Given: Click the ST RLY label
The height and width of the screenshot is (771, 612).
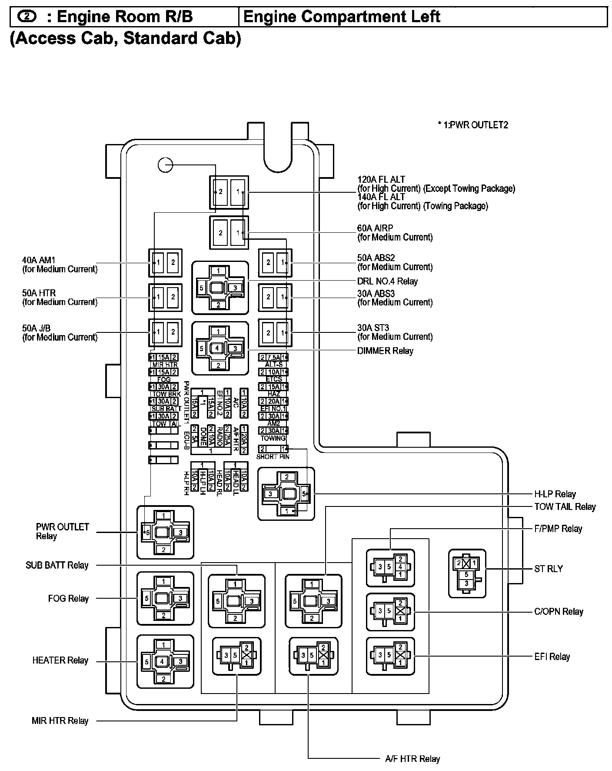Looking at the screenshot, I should tap(548, 569).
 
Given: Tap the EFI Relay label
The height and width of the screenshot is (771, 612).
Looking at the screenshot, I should tap(552, 657).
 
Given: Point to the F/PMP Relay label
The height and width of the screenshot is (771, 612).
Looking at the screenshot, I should tap(558, 529).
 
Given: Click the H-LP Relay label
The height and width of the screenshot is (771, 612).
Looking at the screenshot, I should tap(555, 494).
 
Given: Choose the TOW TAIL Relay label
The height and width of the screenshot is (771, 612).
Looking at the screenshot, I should tap(565, 506).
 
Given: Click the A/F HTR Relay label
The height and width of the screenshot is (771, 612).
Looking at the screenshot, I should tap(412, 759).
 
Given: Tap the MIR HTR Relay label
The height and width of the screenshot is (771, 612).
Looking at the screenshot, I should tap(60, 721).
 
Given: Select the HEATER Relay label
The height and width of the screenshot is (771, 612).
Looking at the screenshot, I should tap(60, 660).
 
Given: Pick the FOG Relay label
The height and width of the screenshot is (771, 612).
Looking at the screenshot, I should tap(68, 598).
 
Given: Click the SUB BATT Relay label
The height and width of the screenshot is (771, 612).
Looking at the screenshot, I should tap(57, 565).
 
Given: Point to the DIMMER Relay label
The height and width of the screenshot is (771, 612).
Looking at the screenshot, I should tap(385, 351).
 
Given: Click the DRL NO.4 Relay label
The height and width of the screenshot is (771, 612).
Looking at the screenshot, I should tap(387, 281).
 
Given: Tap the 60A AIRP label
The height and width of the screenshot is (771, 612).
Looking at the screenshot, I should tap(375, 228).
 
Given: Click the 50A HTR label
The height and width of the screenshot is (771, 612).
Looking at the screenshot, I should tap(39, 293).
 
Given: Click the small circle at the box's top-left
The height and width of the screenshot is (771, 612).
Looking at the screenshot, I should tap(165, 164).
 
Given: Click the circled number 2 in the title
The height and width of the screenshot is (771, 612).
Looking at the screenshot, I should tap(27, 17).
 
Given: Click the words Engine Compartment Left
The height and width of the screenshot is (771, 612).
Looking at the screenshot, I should tap(342, 17).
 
